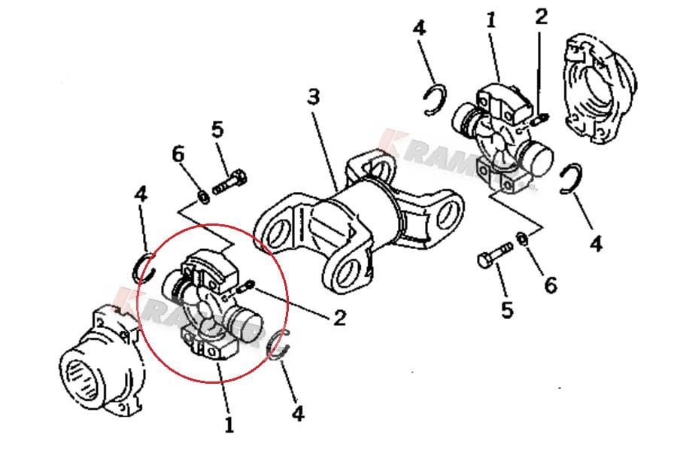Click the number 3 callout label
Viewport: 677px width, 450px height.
[x=314, y=97]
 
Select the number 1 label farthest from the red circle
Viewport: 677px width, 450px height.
[x=490, y=20]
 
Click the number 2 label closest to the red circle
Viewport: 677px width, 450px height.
[x=339, y=318]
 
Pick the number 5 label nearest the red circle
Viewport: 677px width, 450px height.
[x=217, y=129]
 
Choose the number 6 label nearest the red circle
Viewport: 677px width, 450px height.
[x=178, y=154]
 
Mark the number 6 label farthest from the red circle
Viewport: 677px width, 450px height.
[x=551, y=285]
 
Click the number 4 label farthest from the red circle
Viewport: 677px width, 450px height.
[x=596, y=244]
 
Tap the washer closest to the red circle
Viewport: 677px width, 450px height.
[x=202, y=196]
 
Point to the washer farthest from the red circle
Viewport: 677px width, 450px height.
[x=521, y=239]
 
